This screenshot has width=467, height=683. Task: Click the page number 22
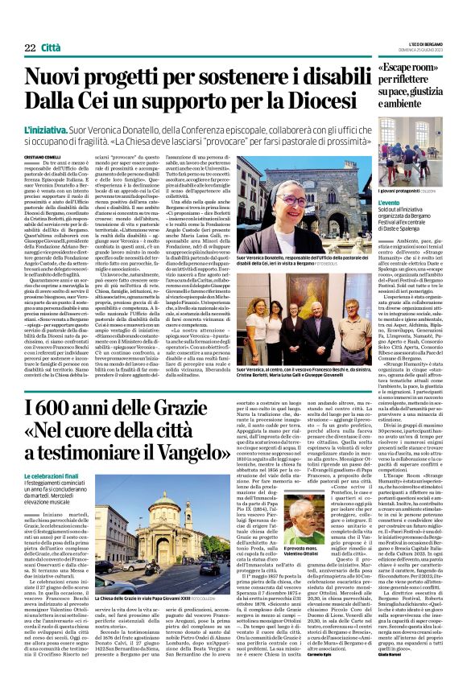tap(30, 48)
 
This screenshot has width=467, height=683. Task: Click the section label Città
tap(52, 48)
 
